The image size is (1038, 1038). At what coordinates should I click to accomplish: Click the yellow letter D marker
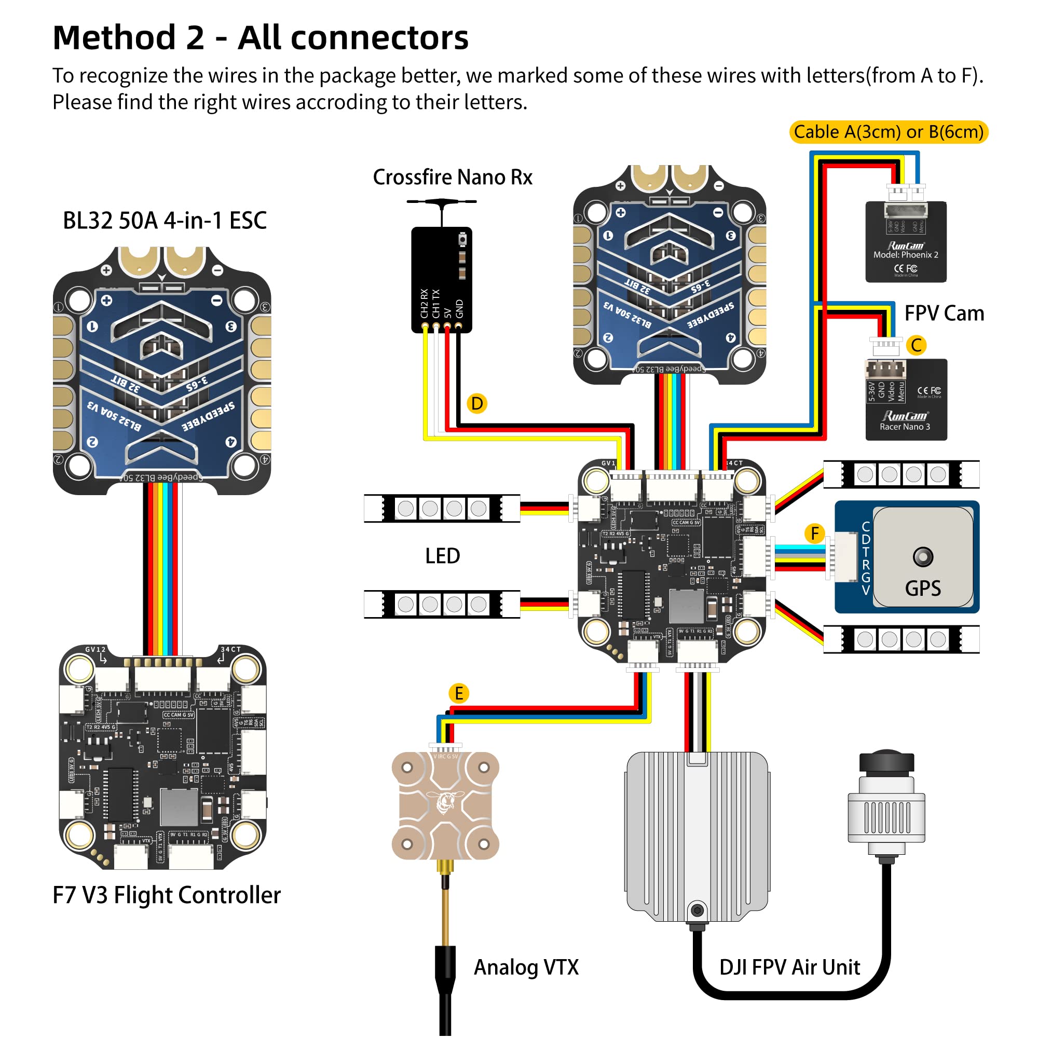click(x=476, y=403)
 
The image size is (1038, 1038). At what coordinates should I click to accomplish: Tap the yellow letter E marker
click(x=458, y=693)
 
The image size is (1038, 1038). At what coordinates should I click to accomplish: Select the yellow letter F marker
click(x=814, y=534)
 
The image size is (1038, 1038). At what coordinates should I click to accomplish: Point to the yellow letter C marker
click(x=916, y=345)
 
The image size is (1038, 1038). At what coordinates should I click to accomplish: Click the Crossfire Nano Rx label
click(x=453, y=177)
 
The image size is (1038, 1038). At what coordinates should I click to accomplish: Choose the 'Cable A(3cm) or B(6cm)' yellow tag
click(x=888, y=132)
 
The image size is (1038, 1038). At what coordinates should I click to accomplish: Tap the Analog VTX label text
click(x=526, y=967)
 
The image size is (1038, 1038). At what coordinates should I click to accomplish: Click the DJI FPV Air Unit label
click(x=789, y=967)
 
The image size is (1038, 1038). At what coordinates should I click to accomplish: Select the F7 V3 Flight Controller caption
click(x=167, y=895)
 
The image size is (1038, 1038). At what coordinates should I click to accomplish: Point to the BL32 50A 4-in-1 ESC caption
click(x=165, y=220)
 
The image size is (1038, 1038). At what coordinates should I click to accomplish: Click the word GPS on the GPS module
click(x=922, y=589)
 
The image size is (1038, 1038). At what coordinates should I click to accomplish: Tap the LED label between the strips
click(x=442, y=555)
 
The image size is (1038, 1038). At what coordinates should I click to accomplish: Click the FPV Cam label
click(x=944, y=313)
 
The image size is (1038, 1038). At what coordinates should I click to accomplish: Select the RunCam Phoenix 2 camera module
click(x=905, y=241)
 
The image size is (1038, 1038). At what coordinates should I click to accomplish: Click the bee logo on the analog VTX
click(x=445, y=802)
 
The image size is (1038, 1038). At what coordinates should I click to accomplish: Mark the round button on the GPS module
click(x=922, y=556)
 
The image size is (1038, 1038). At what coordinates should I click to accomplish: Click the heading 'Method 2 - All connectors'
click(x=261, y=37)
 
